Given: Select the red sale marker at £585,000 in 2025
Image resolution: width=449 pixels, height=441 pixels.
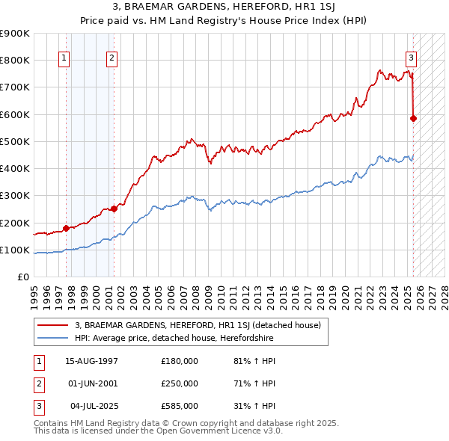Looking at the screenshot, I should (414, 118).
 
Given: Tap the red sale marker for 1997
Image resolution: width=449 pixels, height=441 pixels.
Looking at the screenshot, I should (66, 228).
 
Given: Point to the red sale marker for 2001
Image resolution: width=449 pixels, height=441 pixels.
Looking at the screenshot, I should (114, 209).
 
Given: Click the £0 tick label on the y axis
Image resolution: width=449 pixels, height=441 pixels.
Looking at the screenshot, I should (22, 277).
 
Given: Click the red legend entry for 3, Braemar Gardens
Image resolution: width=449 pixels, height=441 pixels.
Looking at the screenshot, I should (198, 325).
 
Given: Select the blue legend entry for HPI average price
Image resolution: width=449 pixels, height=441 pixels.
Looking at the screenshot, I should (174, 339).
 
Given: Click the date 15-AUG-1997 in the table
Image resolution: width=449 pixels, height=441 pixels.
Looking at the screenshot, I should (92, 360).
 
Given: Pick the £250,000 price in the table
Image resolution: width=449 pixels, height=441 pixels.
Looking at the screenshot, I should (180, 383).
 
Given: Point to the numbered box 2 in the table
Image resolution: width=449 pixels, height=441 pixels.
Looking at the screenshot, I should (37, 383).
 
